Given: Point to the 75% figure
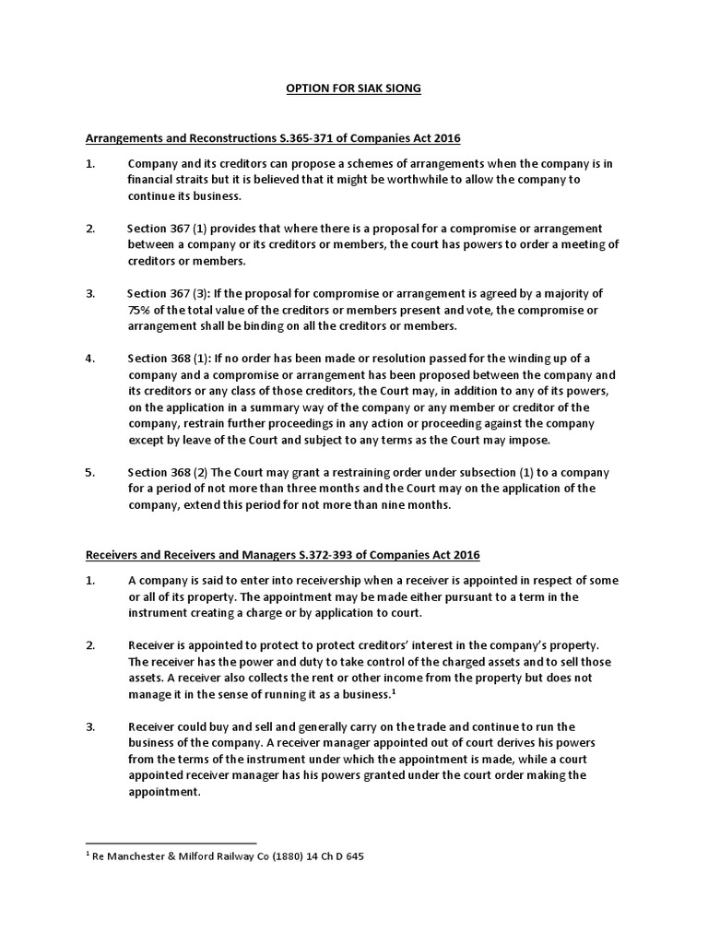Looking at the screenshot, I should tap(141, 310).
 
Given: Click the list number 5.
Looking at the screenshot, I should tap(90, 473).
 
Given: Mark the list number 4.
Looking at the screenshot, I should tap(90, 359).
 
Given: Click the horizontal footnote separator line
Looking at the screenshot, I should tap(171, 843).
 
